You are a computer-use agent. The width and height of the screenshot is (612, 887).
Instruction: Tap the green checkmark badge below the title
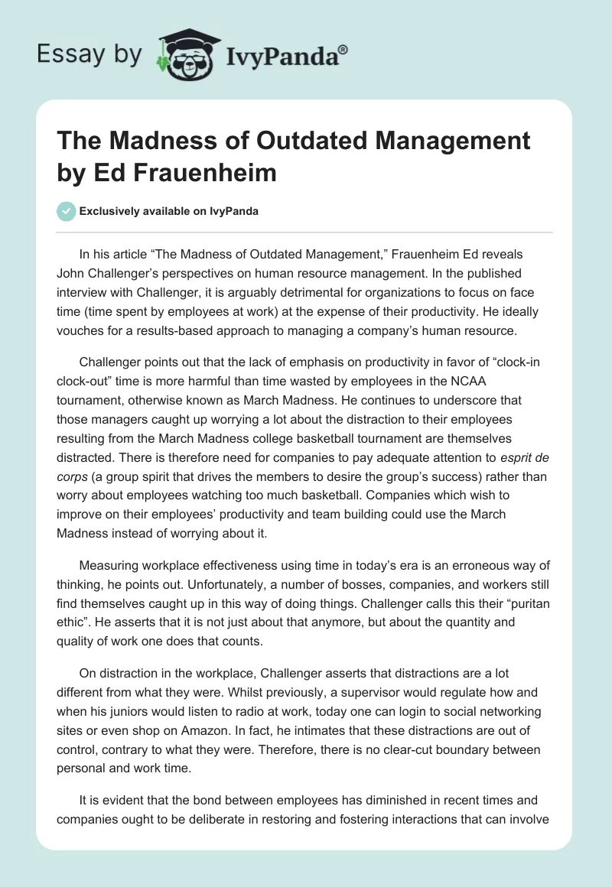tap(67, 211)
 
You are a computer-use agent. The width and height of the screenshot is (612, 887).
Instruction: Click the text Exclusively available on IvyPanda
tap(169, 212)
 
